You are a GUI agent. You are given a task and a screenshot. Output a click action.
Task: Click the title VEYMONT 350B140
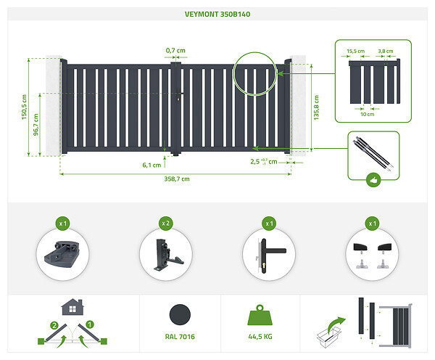tap(217, 15)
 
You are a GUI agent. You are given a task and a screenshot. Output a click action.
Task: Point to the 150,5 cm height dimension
tap(25, 107)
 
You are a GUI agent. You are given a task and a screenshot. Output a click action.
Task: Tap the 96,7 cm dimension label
tap(36, 125)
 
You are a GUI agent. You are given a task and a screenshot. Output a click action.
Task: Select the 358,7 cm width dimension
tap(177, 179)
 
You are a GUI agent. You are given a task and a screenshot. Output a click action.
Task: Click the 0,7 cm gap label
tap(175, 51)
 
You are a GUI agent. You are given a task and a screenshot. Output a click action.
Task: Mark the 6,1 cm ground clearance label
tap(152, 165)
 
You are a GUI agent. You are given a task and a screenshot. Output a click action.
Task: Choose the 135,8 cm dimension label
tap(316, 107)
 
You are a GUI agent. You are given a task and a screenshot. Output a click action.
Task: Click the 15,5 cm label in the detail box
tap(355, 51)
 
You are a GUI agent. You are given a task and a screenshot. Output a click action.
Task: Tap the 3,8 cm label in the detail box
tap(386, 51)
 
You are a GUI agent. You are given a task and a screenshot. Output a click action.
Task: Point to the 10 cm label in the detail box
tap(368, 114)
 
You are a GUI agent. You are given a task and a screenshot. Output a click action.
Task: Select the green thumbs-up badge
tap(373, 180)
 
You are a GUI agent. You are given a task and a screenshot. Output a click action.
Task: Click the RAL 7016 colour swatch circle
tap(180, 315)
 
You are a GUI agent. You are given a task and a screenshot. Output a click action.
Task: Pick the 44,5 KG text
tap(260, 337)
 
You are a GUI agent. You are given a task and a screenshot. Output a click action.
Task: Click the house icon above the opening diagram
tap(72, 307)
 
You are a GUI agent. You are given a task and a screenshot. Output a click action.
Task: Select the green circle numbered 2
tap(54, 325)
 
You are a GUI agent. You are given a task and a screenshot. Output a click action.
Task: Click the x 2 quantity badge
tap(166, 224)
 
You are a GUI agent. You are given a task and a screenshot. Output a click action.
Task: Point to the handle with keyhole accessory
tap(270, 255)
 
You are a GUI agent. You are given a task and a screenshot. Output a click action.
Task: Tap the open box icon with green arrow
tap(331, 332)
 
